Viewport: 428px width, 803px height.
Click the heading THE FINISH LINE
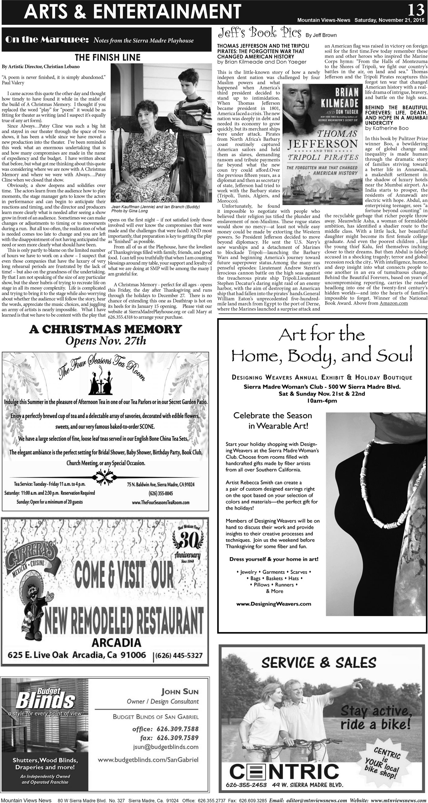[108, 57]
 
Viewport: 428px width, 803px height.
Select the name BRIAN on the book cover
[346, 92]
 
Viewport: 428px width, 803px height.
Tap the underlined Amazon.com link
[393, 303]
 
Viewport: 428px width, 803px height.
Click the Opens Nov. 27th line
[105, 341]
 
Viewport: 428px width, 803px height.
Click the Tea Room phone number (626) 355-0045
[160, 493]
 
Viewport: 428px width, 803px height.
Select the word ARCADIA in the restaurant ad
[116, 642]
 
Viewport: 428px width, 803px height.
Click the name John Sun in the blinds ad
[180, 692]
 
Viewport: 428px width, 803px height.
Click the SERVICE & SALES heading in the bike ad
[319, 663]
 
